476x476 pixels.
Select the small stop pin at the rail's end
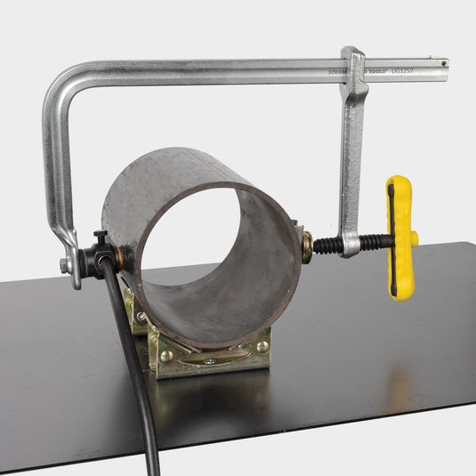(442, 63)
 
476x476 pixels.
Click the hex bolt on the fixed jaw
(65, 265)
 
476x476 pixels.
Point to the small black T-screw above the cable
(101, 239)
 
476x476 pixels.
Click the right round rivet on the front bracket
(262, 346)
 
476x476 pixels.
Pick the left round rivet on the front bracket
(166, 355)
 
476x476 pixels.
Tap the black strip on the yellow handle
(391, 236)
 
